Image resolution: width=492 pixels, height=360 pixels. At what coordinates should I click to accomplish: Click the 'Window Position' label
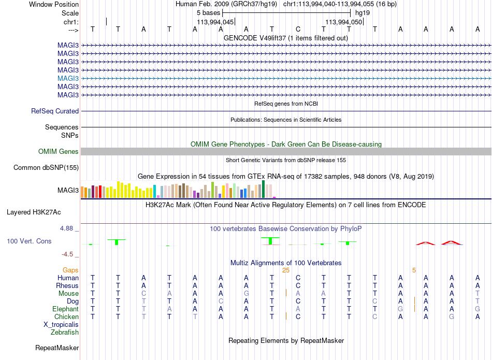54,4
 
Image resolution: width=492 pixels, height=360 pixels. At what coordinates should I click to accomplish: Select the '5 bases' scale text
208,13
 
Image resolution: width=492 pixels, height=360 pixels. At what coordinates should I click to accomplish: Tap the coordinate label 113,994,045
215,22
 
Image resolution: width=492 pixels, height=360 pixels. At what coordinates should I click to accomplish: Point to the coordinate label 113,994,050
343,22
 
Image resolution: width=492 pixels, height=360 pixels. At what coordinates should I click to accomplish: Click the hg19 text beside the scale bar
363,13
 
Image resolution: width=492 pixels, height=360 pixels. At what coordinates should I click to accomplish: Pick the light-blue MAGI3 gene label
68,78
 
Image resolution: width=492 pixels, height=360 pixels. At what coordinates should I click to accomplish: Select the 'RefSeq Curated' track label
55,111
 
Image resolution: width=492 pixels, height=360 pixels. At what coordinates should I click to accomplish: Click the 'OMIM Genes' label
59,152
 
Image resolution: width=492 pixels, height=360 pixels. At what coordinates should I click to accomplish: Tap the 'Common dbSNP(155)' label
46,168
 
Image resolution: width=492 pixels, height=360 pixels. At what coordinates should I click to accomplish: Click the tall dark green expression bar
263,189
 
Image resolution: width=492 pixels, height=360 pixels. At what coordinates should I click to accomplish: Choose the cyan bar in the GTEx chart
154,192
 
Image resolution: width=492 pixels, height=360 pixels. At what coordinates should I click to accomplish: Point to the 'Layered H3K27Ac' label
34,212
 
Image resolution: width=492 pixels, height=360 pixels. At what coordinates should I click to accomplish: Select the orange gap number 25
286,270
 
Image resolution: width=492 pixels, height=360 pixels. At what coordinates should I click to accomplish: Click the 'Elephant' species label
65,309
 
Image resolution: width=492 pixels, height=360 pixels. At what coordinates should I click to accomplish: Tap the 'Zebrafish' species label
65,333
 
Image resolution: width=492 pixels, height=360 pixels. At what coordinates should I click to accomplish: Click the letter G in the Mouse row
247,294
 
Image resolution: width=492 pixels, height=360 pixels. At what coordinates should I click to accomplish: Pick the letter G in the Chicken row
452,316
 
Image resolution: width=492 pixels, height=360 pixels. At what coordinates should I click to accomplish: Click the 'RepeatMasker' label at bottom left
57,348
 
